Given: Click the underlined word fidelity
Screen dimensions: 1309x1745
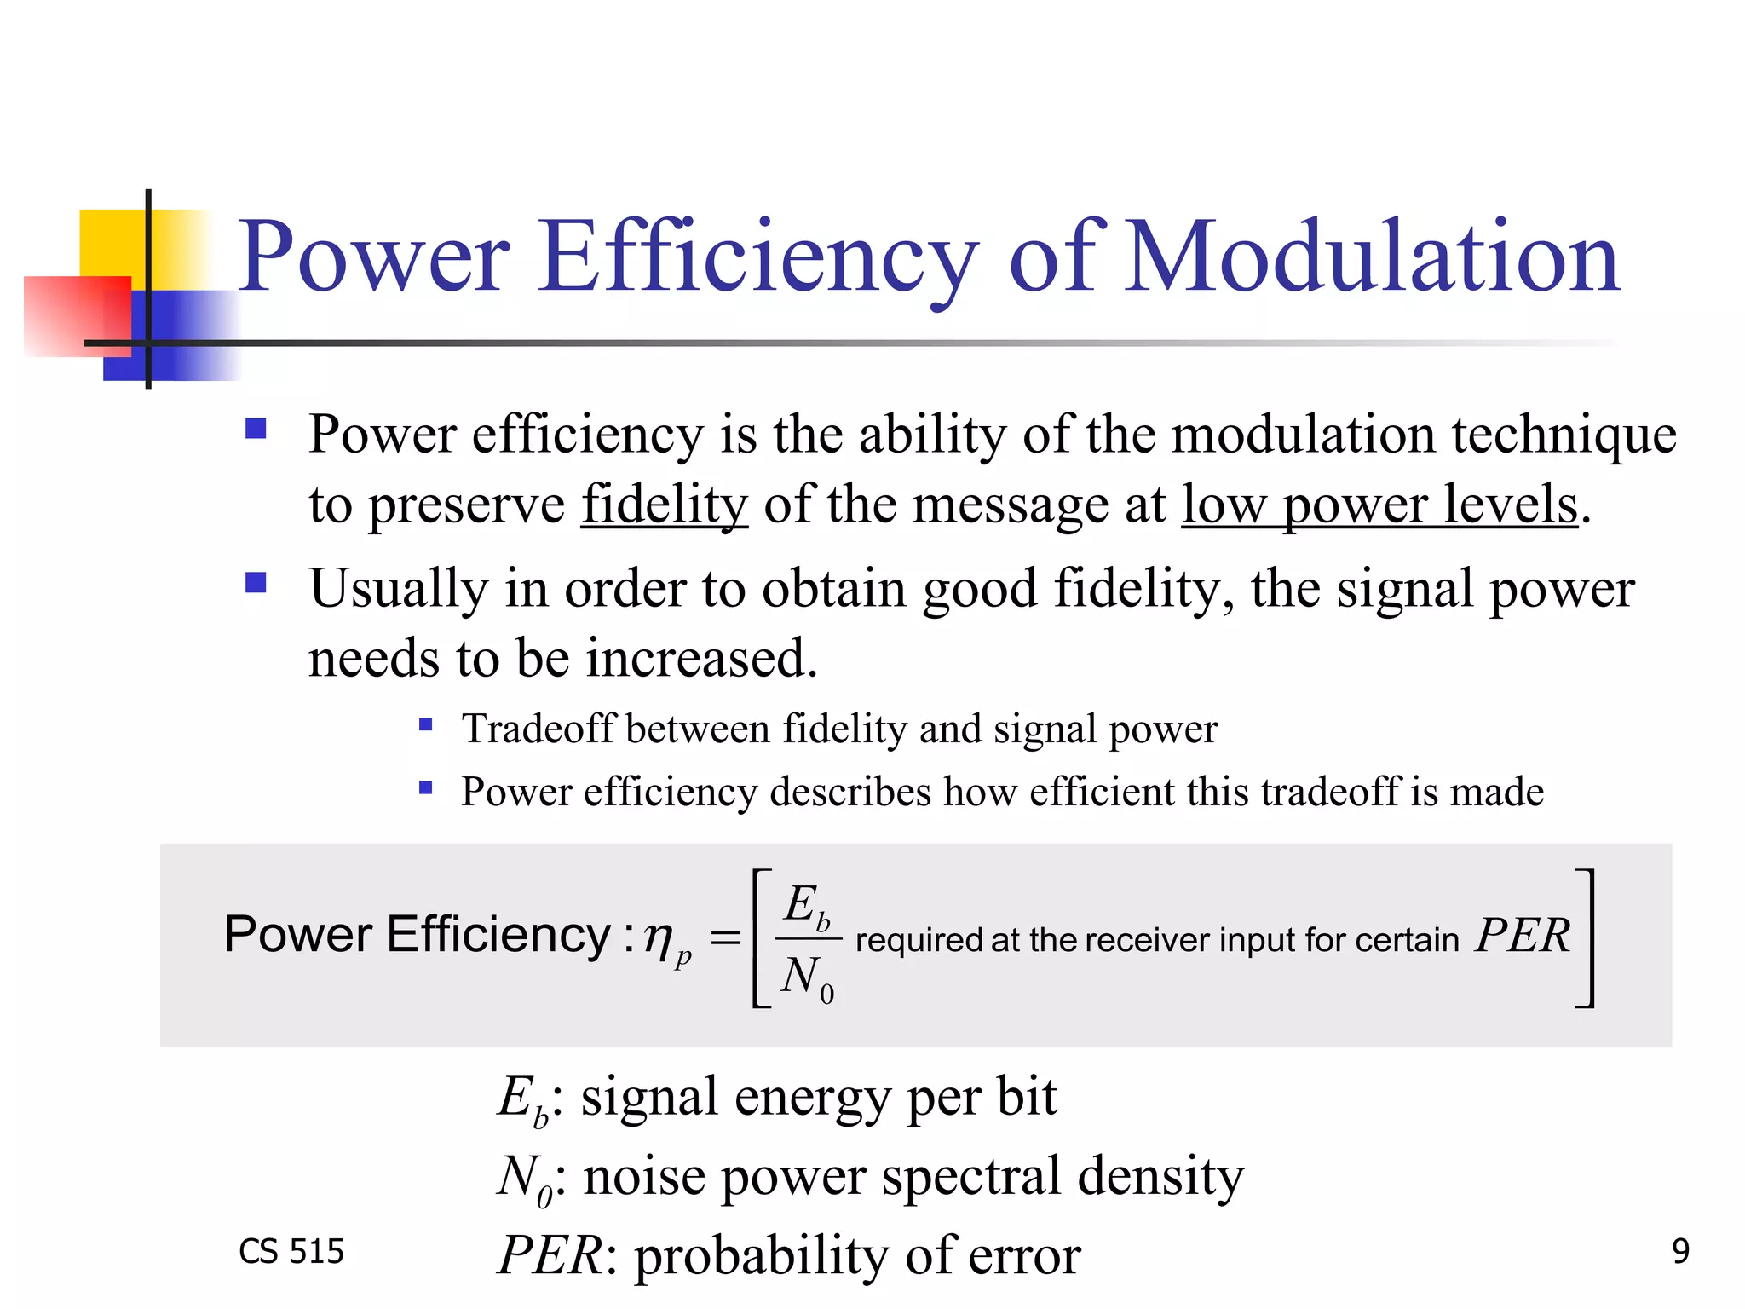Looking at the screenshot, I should tap(665, 505).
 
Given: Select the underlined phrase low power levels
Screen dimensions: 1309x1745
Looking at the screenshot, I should tap(1379, 505).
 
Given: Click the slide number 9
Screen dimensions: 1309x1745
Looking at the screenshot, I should tap(1680, 1250).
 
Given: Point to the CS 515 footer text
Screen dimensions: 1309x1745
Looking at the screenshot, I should tap(291, 1251).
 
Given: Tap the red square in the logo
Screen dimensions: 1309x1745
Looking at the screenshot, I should tap(77, 315).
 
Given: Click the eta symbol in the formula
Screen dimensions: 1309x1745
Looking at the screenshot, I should tap(659, 937).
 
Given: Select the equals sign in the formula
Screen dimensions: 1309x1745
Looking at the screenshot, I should tap(725, 938).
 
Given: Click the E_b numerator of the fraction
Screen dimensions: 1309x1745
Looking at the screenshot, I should tap(806, 906).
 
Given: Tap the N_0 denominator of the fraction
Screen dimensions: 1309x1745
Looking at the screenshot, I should tap(806, 977).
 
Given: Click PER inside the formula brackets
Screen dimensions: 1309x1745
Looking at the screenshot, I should tap(1523, 936).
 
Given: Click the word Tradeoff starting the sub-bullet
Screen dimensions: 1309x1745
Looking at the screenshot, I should tap(538, 729).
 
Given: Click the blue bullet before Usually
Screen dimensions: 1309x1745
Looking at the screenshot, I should tap(256, 583).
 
